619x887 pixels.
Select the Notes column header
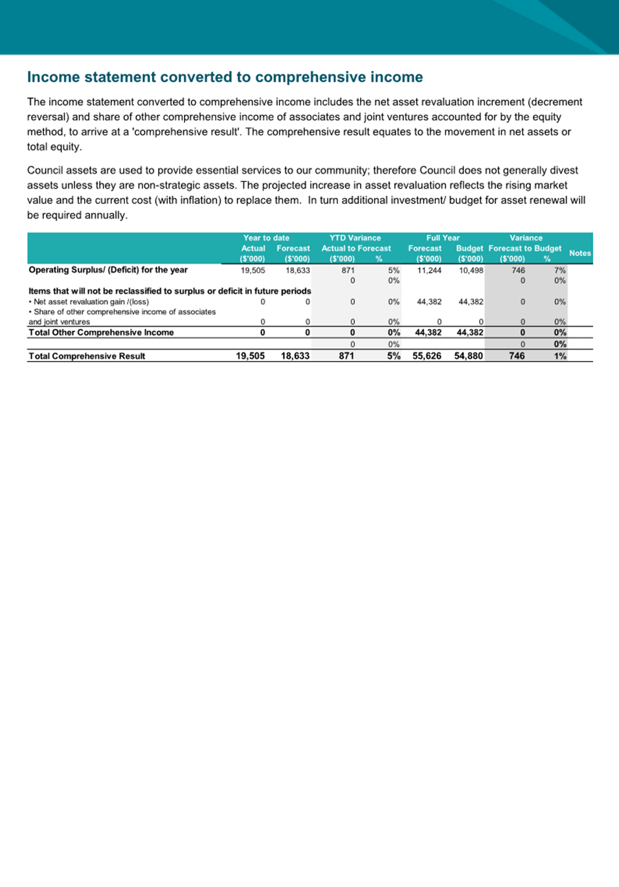(x=580, y=253)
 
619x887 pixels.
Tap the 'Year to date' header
(x=266, y=238)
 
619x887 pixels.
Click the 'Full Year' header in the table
(x=443, y=238)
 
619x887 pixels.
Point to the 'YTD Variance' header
(x=355, y=238)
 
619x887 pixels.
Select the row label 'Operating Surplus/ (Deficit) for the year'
(x=108, y=270)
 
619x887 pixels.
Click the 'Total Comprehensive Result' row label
(x=87, y=356)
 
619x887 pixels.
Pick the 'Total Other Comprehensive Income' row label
(x=101, y=332)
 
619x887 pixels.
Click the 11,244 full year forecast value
(x=429, y=270)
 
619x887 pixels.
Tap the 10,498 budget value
(x=471, y=270)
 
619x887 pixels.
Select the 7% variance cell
(x=559, y=270)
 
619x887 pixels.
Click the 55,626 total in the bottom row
(x=427, y=356)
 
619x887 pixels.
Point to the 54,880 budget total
(x=469, y=356)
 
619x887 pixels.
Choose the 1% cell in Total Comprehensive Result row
(x=560, y=356)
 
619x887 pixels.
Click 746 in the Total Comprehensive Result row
(x=517, y=356)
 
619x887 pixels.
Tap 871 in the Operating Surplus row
(x=348, y=270)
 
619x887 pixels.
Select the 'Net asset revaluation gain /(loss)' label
(x=91, y=301)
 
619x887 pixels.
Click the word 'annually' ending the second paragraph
(x=107, y=215)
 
